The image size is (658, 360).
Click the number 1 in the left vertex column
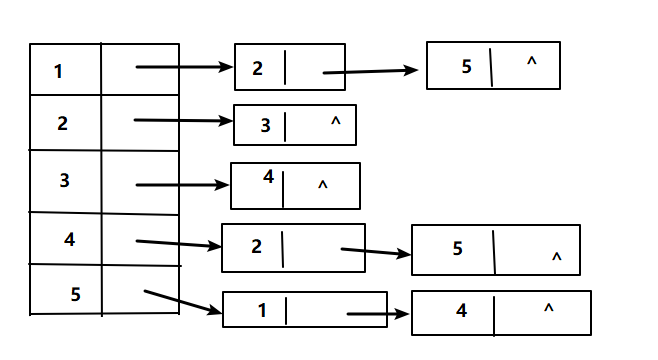point(58,71)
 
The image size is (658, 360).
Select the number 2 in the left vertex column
point(62,123)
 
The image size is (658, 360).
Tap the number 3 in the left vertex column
point(64,181)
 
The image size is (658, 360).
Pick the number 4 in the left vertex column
point(69,239)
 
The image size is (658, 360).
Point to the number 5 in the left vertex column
point(75,294)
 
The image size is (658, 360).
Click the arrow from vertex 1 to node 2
point(184,67)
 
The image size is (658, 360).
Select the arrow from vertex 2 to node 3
point(183,121)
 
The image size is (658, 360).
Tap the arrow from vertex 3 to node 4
point(182,185)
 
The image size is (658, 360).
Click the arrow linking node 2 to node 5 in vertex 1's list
point(371,71)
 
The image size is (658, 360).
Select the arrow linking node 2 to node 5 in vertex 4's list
point(376,252)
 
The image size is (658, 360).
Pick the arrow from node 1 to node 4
point(378,314)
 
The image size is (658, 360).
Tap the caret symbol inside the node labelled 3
point(335,122)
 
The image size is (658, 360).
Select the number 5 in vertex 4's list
point(457,248)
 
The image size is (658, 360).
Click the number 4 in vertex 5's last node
point(461,311)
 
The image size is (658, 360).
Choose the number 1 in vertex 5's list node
point(262,310)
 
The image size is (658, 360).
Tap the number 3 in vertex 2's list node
point(265,126)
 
